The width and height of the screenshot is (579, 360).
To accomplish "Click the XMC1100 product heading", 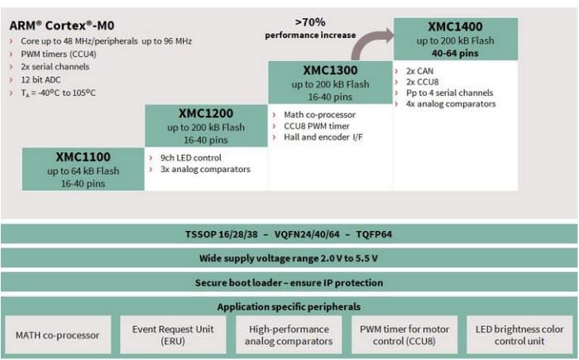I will pyautogui.click(x=83, y=156).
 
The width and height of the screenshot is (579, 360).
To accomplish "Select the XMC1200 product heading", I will pyautogui.click(x=206, y=113).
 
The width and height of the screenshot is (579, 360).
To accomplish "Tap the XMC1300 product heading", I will pyautogui.click(x=330, y=70).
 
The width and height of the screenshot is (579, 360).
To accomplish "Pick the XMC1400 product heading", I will pyautogui.click(x=455, y=26).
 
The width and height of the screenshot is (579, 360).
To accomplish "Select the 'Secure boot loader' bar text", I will pyautogui.click(x=289, y=282).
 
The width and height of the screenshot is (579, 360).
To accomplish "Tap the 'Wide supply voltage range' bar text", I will pyautogui.click(x=289, y=258).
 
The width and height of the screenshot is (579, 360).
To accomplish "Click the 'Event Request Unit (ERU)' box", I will pyautogui.click(x=174, y=335).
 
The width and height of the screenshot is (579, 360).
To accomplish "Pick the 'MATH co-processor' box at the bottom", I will pyautogui.click(x=58, y=335).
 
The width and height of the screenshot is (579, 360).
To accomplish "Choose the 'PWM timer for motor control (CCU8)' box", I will pyautogui.click(x=404, y=335).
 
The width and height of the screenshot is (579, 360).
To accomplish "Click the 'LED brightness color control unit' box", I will pyautogui.click(x=520, y=335).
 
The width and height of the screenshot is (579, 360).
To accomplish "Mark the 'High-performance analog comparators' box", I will pyautogui.click(x=289, y=335).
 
